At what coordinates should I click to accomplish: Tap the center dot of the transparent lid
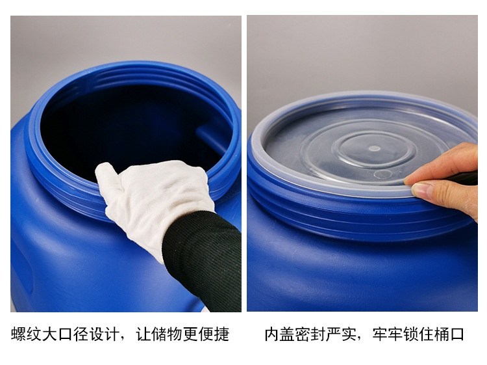click(x=374, y=148)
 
